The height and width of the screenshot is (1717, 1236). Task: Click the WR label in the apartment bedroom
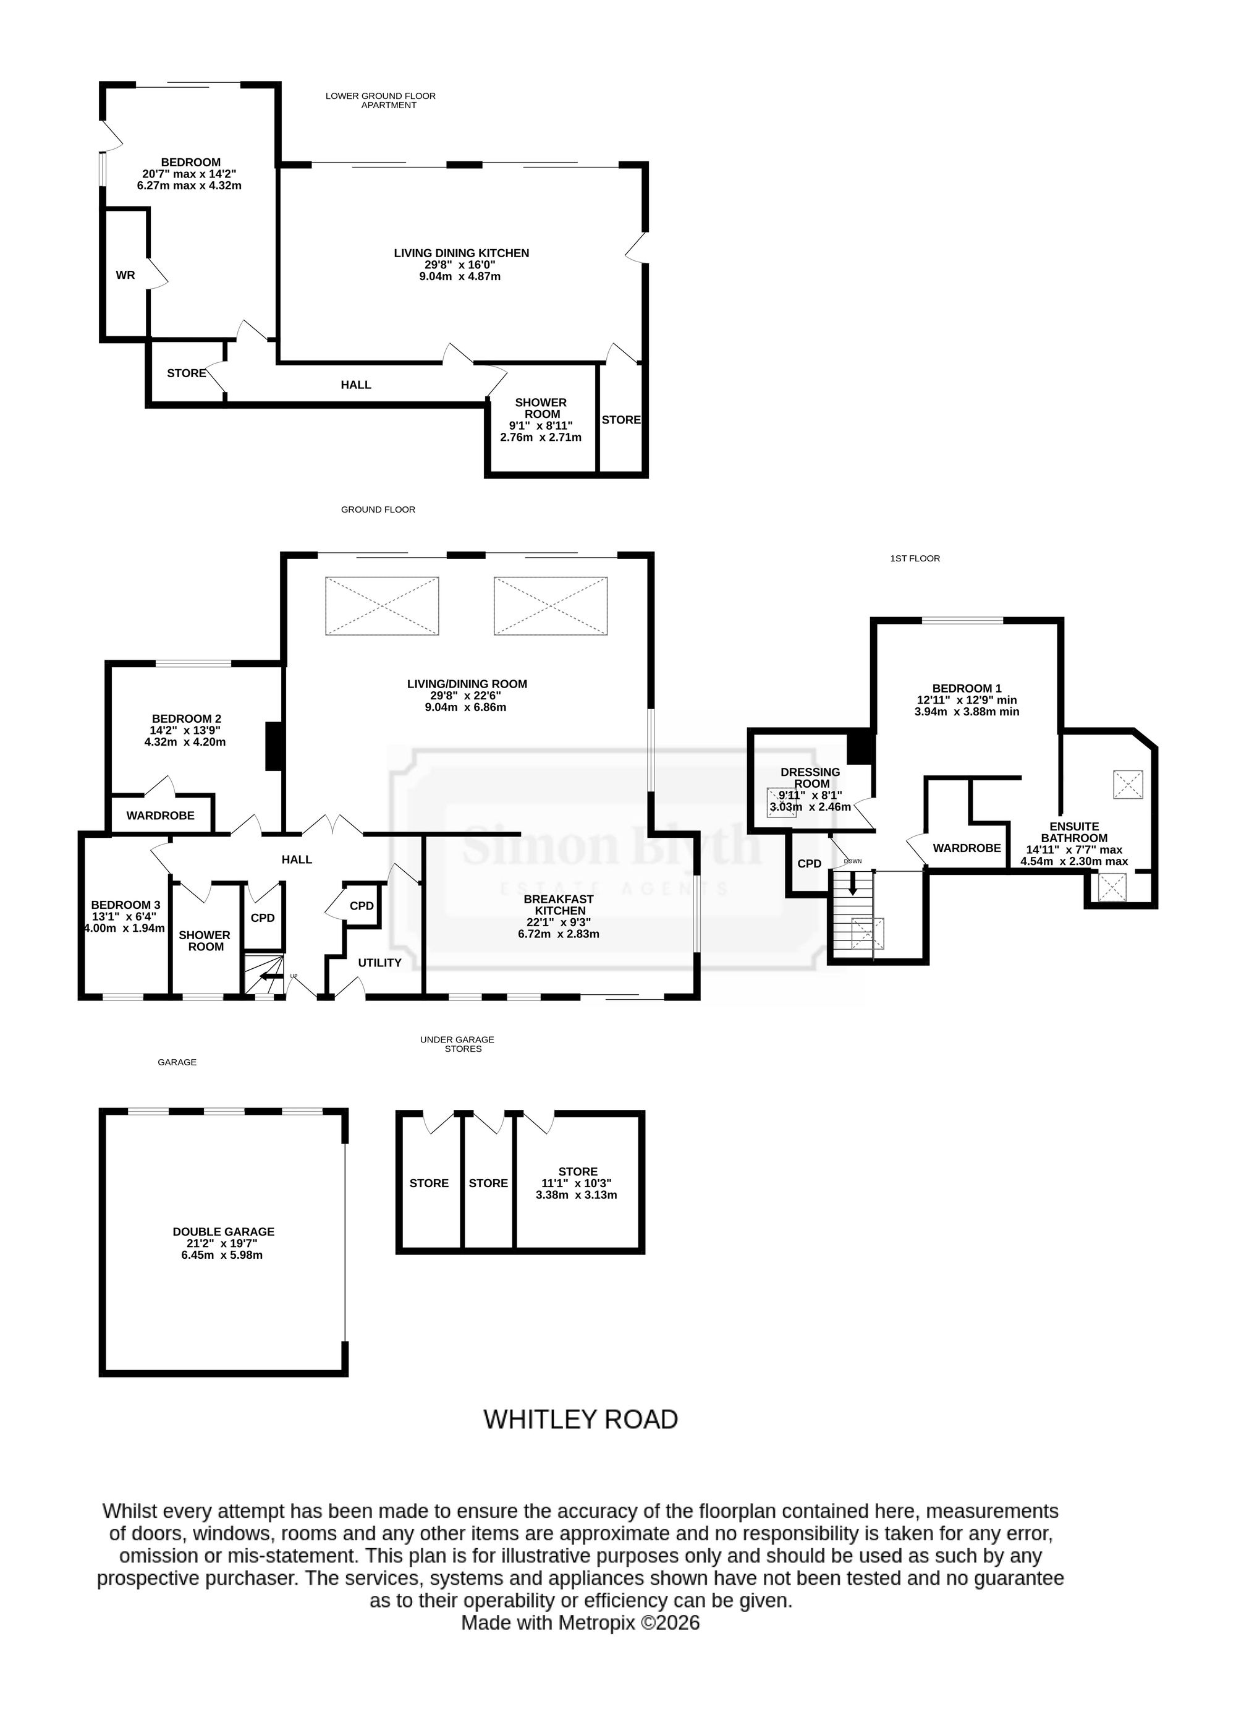tap(125, 275)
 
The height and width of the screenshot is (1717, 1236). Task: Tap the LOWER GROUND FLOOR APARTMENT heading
tap(381, 101)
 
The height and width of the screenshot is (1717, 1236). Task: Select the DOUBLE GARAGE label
tap(223, 1232)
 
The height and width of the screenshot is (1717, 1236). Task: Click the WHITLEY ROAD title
tap(580, 1420)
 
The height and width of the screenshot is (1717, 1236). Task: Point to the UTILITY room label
tap(379, 962)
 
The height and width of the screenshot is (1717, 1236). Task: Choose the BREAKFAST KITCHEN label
tap(559, 904)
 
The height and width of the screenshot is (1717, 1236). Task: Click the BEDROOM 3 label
tap(125, 905)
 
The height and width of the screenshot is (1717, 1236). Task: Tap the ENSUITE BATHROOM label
tap(1074, 832)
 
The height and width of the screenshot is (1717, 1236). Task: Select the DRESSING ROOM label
tap(811, 777)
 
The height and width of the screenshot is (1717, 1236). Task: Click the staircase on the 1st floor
tap(853, 914)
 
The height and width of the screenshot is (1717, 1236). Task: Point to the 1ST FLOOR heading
tap(915, 558)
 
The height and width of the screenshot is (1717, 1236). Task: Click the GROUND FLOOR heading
tap(378, 509)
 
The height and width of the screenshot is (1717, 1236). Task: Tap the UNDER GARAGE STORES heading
tap(457, 1044)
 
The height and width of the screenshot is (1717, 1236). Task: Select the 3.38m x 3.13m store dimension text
tap(577, 1195)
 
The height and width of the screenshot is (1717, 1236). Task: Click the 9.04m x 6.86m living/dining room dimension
tap(466, 707)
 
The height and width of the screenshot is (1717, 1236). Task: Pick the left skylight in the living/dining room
tap(382, 606)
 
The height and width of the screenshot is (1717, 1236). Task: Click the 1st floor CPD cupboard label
tap(809, 863)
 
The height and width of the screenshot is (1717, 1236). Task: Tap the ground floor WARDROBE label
tap(161, 816)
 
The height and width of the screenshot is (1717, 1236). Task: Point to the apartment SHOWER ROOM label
tap(540, 408)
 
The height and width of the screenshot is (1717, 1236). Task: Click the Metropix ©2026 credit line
tap(580, 1622)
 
